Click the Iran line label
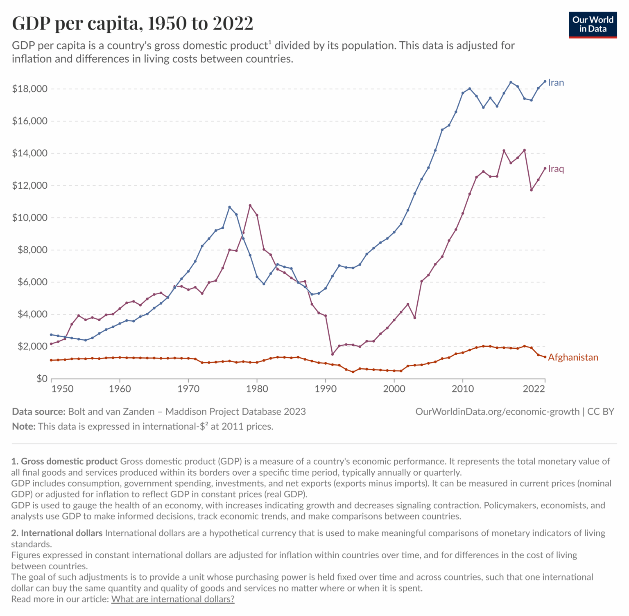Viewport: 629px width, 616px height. [x=556, y=83]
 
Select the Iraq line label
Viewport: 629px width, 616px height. [x=556, y=169]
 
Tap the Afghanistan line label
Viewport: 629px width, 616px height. [x=572, y=357]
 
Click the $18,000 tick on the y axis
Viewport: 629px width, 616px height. [x=30, y=89]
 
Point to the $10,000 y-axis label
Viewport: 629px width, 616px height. [x=30, y=218]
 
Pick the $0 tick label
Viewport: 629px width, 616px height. [x=42, y=379]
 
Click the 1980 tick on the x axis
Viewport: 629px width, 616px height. [x=257, y=389]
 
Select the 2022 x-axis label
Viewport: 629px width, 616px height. [x=534, y=389]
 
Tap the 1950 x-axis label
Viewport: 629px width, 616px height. [x=63, y=389]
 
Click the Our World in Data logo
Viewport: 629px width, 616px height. [x=593, y=25]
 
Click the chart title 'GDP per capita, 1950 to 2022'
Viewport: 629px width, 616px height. [x=133, y=23]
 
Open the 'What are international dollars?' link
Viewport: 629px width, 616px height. [x=173, y=599]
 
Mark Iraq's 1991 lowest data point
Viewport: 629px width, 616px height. [x=333, y=354]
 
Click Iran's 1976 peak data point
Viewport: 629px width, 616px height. [x=229, y=207]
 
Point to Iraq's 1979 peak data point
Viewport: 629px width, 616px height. [x=250, y=205]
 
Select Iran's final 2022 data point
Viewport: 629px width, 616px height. [x=545, y=81]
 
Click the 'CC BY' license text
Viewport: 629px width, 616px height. [x=601, y=412]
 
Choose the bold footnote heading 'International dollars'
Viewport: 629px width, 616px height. [x=61, y=533]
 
